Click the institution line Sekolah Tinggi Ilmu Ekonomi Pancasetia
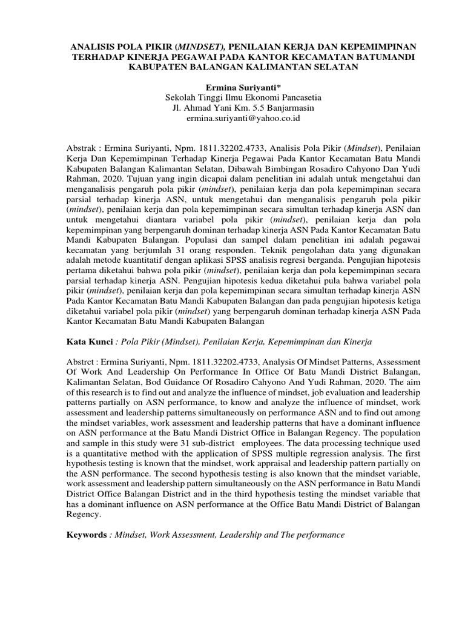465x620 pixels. pos(232,98)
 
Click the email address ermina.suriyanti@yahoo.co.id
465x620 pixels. pos(232,119)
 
